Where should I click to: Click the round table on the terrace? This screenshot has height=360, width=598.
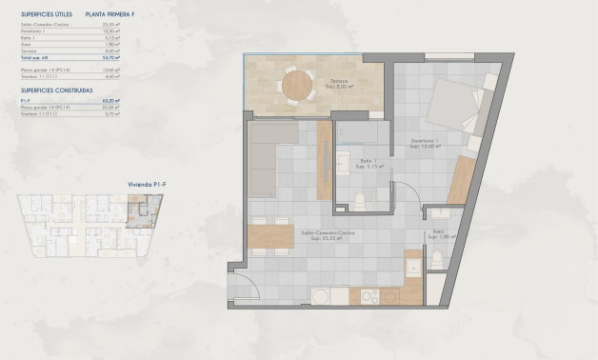point(294,87)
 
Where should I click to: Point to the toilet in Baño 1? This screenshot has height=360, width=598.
point(362,199)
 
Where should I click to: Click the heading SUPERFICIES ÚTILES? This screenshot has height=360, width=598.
point(42,14)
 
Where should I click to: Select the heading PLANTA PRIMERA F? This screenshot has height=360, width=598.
point(115,14)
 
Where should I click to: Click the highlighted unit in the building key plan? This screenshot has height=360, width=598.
point(140,208)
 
